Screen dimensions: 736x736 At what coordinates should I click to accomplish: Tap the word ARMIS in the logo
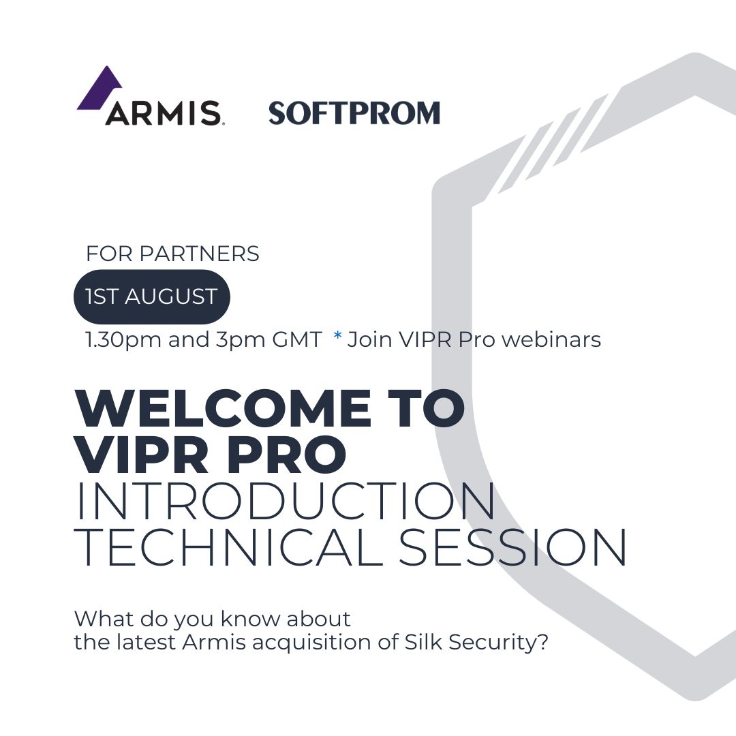point(162,112)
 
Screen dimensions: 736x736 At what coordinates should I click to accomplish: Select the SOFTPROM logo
point(354,113)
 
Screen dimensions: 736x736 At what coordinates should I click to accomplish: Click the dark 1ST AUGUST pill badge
point(151,296)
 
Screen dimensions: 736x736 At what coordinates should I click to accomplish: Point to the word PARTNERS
point(199,254)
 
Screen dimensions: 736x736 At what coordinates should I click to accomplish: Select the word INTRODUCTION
point(286,502)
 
